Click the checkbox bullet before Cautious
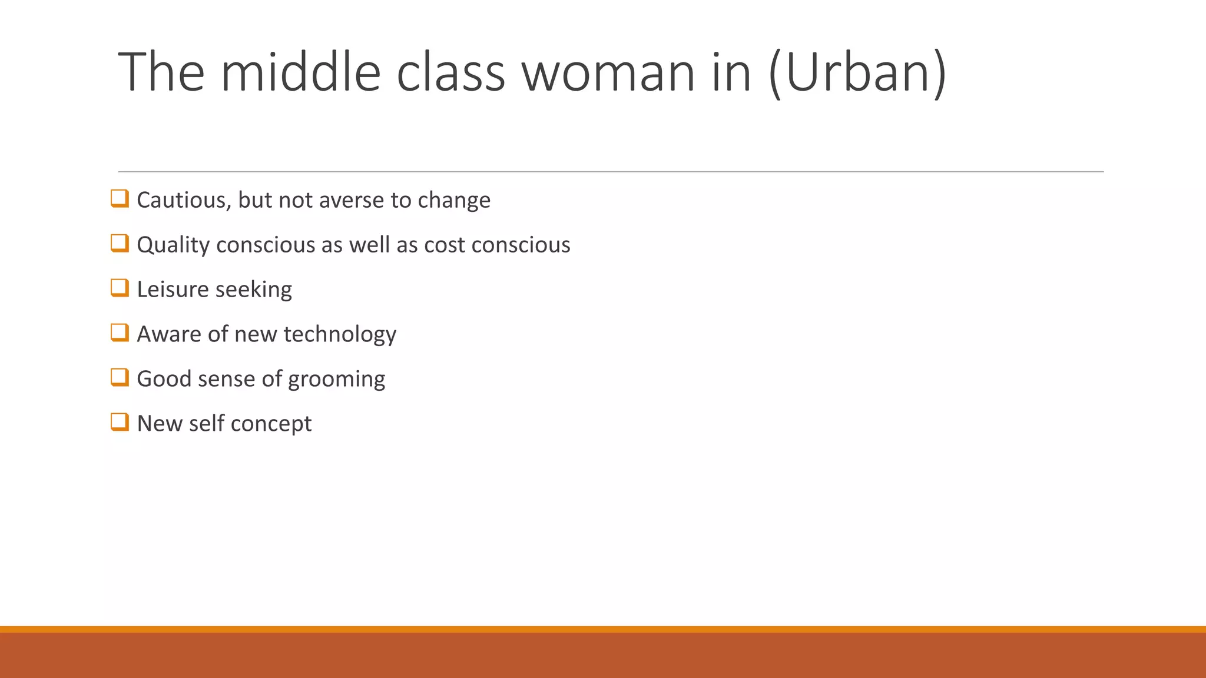click(120, 198)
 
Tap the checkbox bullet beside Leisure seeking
click(120, 288)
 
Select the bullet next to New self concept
click(120, 422)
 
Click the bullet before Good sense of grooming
click(120, 377)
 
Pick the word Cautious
click(184, 200)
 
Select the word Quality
click(173, 245)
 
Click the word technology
click(340, 334)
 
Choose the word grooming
click(336, 380)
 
